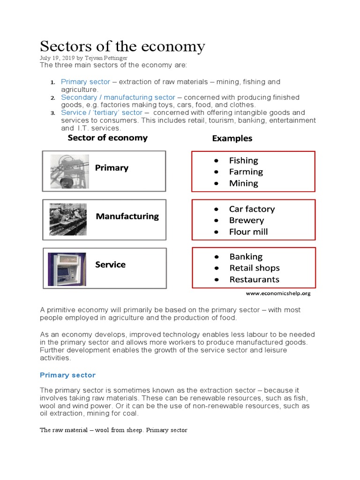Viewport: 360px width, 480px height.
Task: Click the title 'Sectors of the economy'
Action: pyautogui.click(x=122, y=46)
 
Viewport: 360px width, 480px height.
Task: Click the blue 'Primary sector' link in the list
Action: pyautogui.click(x=85, y=82)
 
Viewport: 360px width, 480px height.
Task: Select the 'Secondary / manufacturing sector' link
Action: pyautogui.click(x=118, y=97)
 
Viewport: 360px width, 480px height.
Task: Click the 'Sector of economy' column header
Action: pyautogui.click(x=107, y=138)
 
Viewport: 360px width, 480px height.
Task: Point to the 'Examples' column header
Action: pyautogui.click(x=232, y=138)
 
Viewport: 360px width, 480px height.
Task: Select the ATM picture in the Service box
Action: pyautogui.click(x=67, y=269)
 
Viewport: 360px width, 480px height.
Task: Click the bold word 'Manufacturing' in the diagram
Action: pyautogui.click(x=127, y=217)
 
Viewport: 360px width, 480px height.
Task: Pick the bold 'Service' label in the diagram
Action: pyautogui.click(x=110, y=265)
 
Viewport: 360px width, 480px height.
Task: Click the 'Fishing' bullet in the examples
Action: pyautogui.click(x=243, y=161)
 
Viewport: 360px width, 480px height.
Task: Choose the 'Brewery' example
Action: pyautogui.click(x=246, y=220)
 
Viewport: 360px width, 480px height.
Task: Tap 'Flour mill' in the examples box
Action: pyautogui.click(x=248, y=232)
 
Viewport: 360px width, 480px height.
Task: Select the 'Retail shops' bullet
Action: pyautogui.click(x=254, y=268)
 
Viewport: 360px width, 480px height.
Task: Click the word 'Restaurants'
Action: pyautogui.click(x=254, y=280)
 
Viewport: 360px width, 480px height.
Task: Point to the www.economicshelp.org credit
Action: pyautogui.click(x=278, y=293)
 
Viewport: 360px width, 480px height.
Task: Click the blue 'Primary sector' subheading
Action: pyautogui.click(x=67, y=375)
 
